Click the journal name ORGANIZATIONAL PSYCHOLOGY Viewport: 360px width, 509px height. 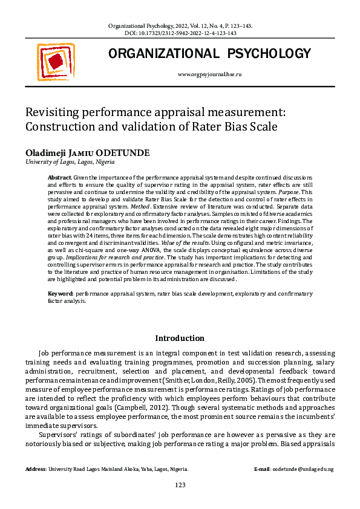209,54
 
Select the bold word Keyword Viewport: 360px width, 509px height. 61,293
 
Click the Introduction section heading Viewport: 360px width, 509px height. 180,338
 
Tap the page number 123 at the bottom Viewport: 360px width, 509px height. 180,485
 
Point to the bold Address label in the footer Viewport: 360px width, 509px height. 37,469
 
